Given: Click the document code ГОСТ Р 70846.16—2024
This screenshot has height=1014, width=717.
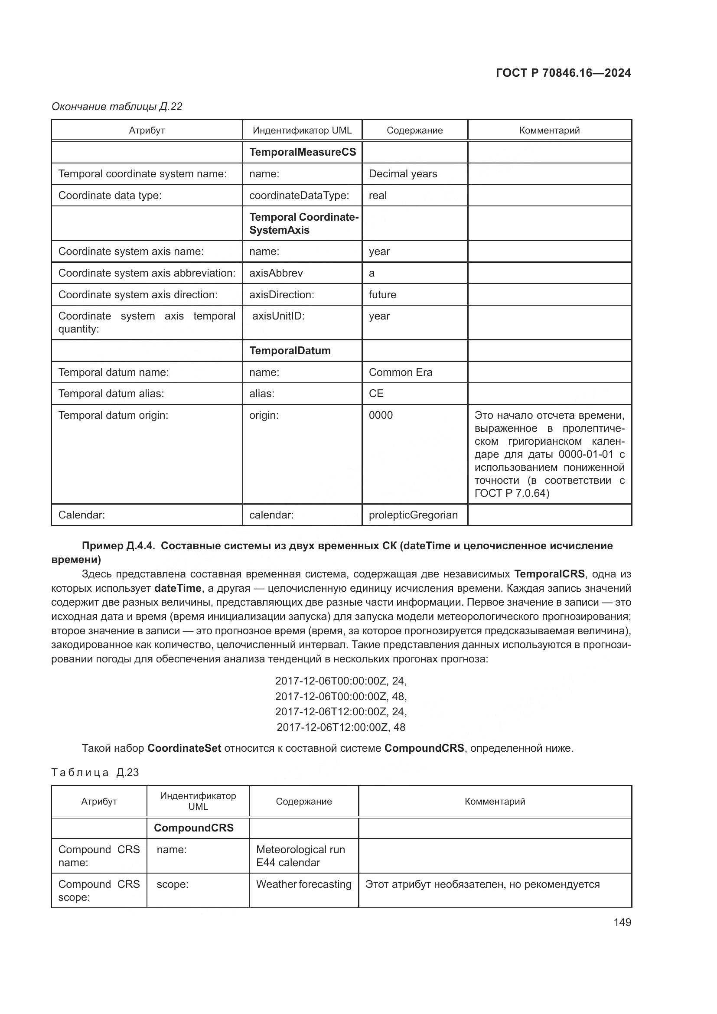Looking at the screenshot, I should (x=563, y=73).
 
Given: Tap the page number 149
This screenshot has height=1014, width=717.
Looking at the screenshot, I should (x=622, y=922).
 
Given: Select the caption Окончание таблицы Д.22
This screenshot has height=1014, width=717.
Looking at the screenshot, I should (x=117, y=107).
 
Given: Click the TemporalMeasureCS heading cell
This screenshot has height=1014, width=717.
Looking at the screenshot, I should (x=303, y=152).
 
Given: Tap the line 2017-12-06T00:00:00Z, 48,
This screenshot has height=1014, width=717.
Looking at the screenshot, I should (x=341, y=697).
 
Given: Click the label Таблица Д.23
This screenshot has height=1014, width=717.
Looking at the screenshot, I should (x=95, y=773).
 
